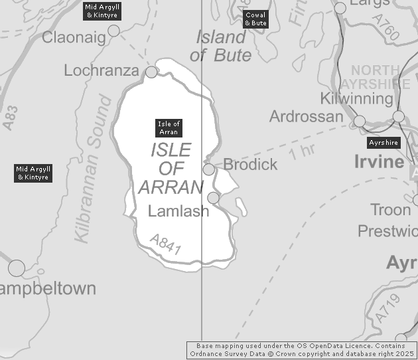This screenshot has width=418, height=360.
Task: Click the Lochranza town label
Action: click(x=102, y=70)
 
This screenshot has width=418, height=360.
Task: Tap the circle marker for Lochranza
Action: click(x=152, y=72)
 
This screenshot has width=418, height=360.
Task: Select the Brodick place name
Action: click(x=250, y=164)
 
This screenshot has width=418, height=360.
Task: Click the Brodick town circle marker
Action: click(x=209, y=169)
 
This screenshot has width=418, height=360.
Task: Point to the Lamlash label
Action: click(x=178, y=211)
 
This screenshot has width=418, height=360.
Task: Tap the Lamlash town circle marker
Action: click(x=213, y=198)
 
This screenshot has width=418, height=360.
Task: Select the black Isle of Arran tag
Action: click(x=169, y=128)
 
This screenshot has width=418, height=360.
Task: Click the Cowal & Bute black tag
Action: click(x=255, y=19)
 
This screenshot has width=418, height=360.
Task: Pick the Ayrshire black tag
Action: click(x=384, y=143)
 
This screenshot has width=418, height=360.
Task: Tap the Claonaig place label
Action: click(x=74, y=38)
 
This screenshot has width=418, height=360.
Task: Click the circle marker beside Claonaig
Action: click(x=113, y=31)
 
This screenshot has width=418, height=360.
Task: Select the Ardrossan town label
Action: click(x=306, y=116)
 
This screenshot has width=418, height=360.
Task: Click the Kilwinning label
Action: click(x=356, y=98)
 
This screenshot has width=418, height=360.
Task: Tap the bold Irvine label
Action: click(x=379, y=162)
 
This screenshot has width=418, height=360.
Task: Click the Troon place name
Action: click(x=391, y=210)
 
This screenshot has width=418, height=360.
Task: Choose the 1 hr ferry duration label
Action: click(x=301, y=151)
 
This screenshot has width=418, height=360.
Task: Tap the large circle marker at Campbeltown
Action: click(x=17, y=268)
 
